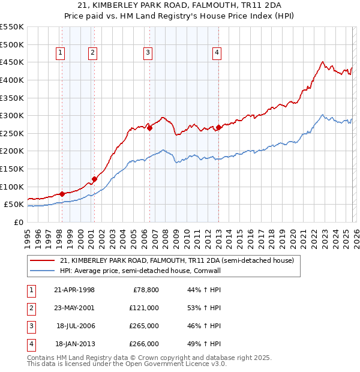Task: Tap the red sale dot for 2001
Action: pyautogui.click(x=94, y=179)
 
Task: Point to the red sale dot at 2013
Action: pyautogui.click(x=218, y=127)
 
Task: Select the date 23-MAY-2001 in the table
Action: pyautogui.click(x=74, y=308)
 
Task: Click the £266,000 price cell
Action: pyautogui.click(x=144, y=344)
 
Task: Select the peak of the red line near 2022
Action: pyautogui.click(x=323, y=61)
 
